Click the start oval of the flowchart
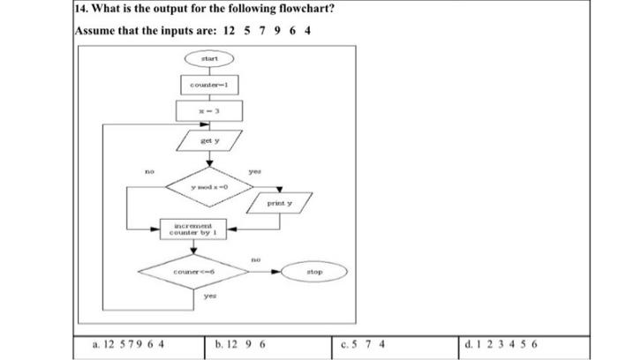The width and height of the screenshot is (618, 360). tap(209, 58)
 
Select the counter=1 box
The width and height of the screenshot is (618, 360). tap(209, 84)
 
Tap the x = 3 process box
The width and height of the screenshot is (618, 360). tap(209, 111)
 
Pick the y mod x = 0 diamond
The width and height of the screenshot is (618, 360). tap(209, 188)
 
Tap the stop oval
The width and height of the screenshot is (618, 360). tap(314, 272)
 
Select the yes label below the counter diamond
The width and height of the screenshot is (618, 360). tap(210, 296)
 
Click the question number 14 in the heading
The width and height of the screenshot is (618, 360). tap(82, 10)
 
